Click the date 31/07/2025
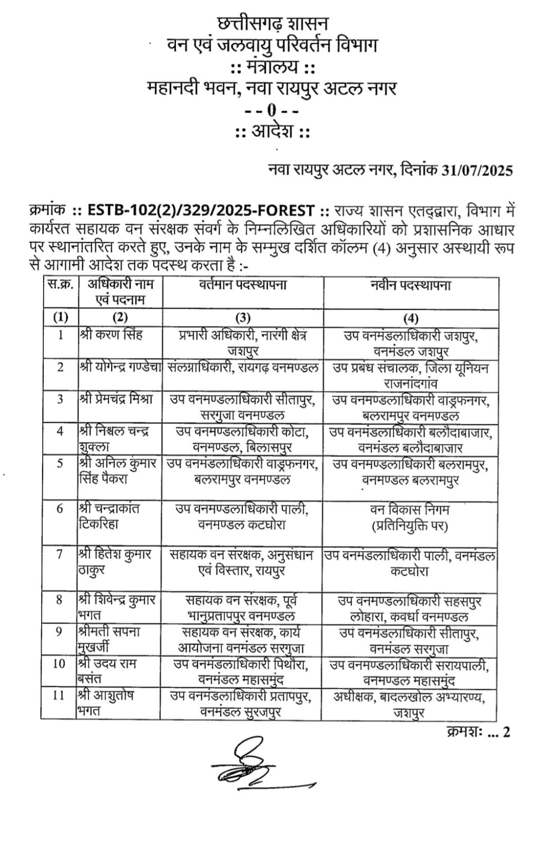pos(477,171)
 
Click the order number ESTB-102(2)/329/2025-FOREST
pos(201,211)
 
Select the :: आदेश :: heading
pos(272,131)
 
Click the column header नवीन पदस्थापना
pos(410,286)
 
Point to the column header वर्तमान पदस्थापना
pos(242,286)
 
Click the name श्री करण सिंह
pos(111,335)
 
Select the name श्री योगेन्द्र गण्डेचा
pos(120,367)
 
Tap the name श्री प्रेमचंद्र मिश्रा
pos(116,399)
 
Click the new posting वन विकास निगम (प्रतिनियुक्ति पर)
pos(410,518)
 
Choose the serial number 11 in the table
pos(58,696)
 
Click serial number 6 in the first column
pos(60,509)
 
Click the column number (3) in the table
pos(242,318)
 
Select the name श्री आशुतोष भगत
pos(105,703)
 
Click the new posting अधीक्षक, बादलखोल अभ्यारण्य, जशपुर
pos(409,705)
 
